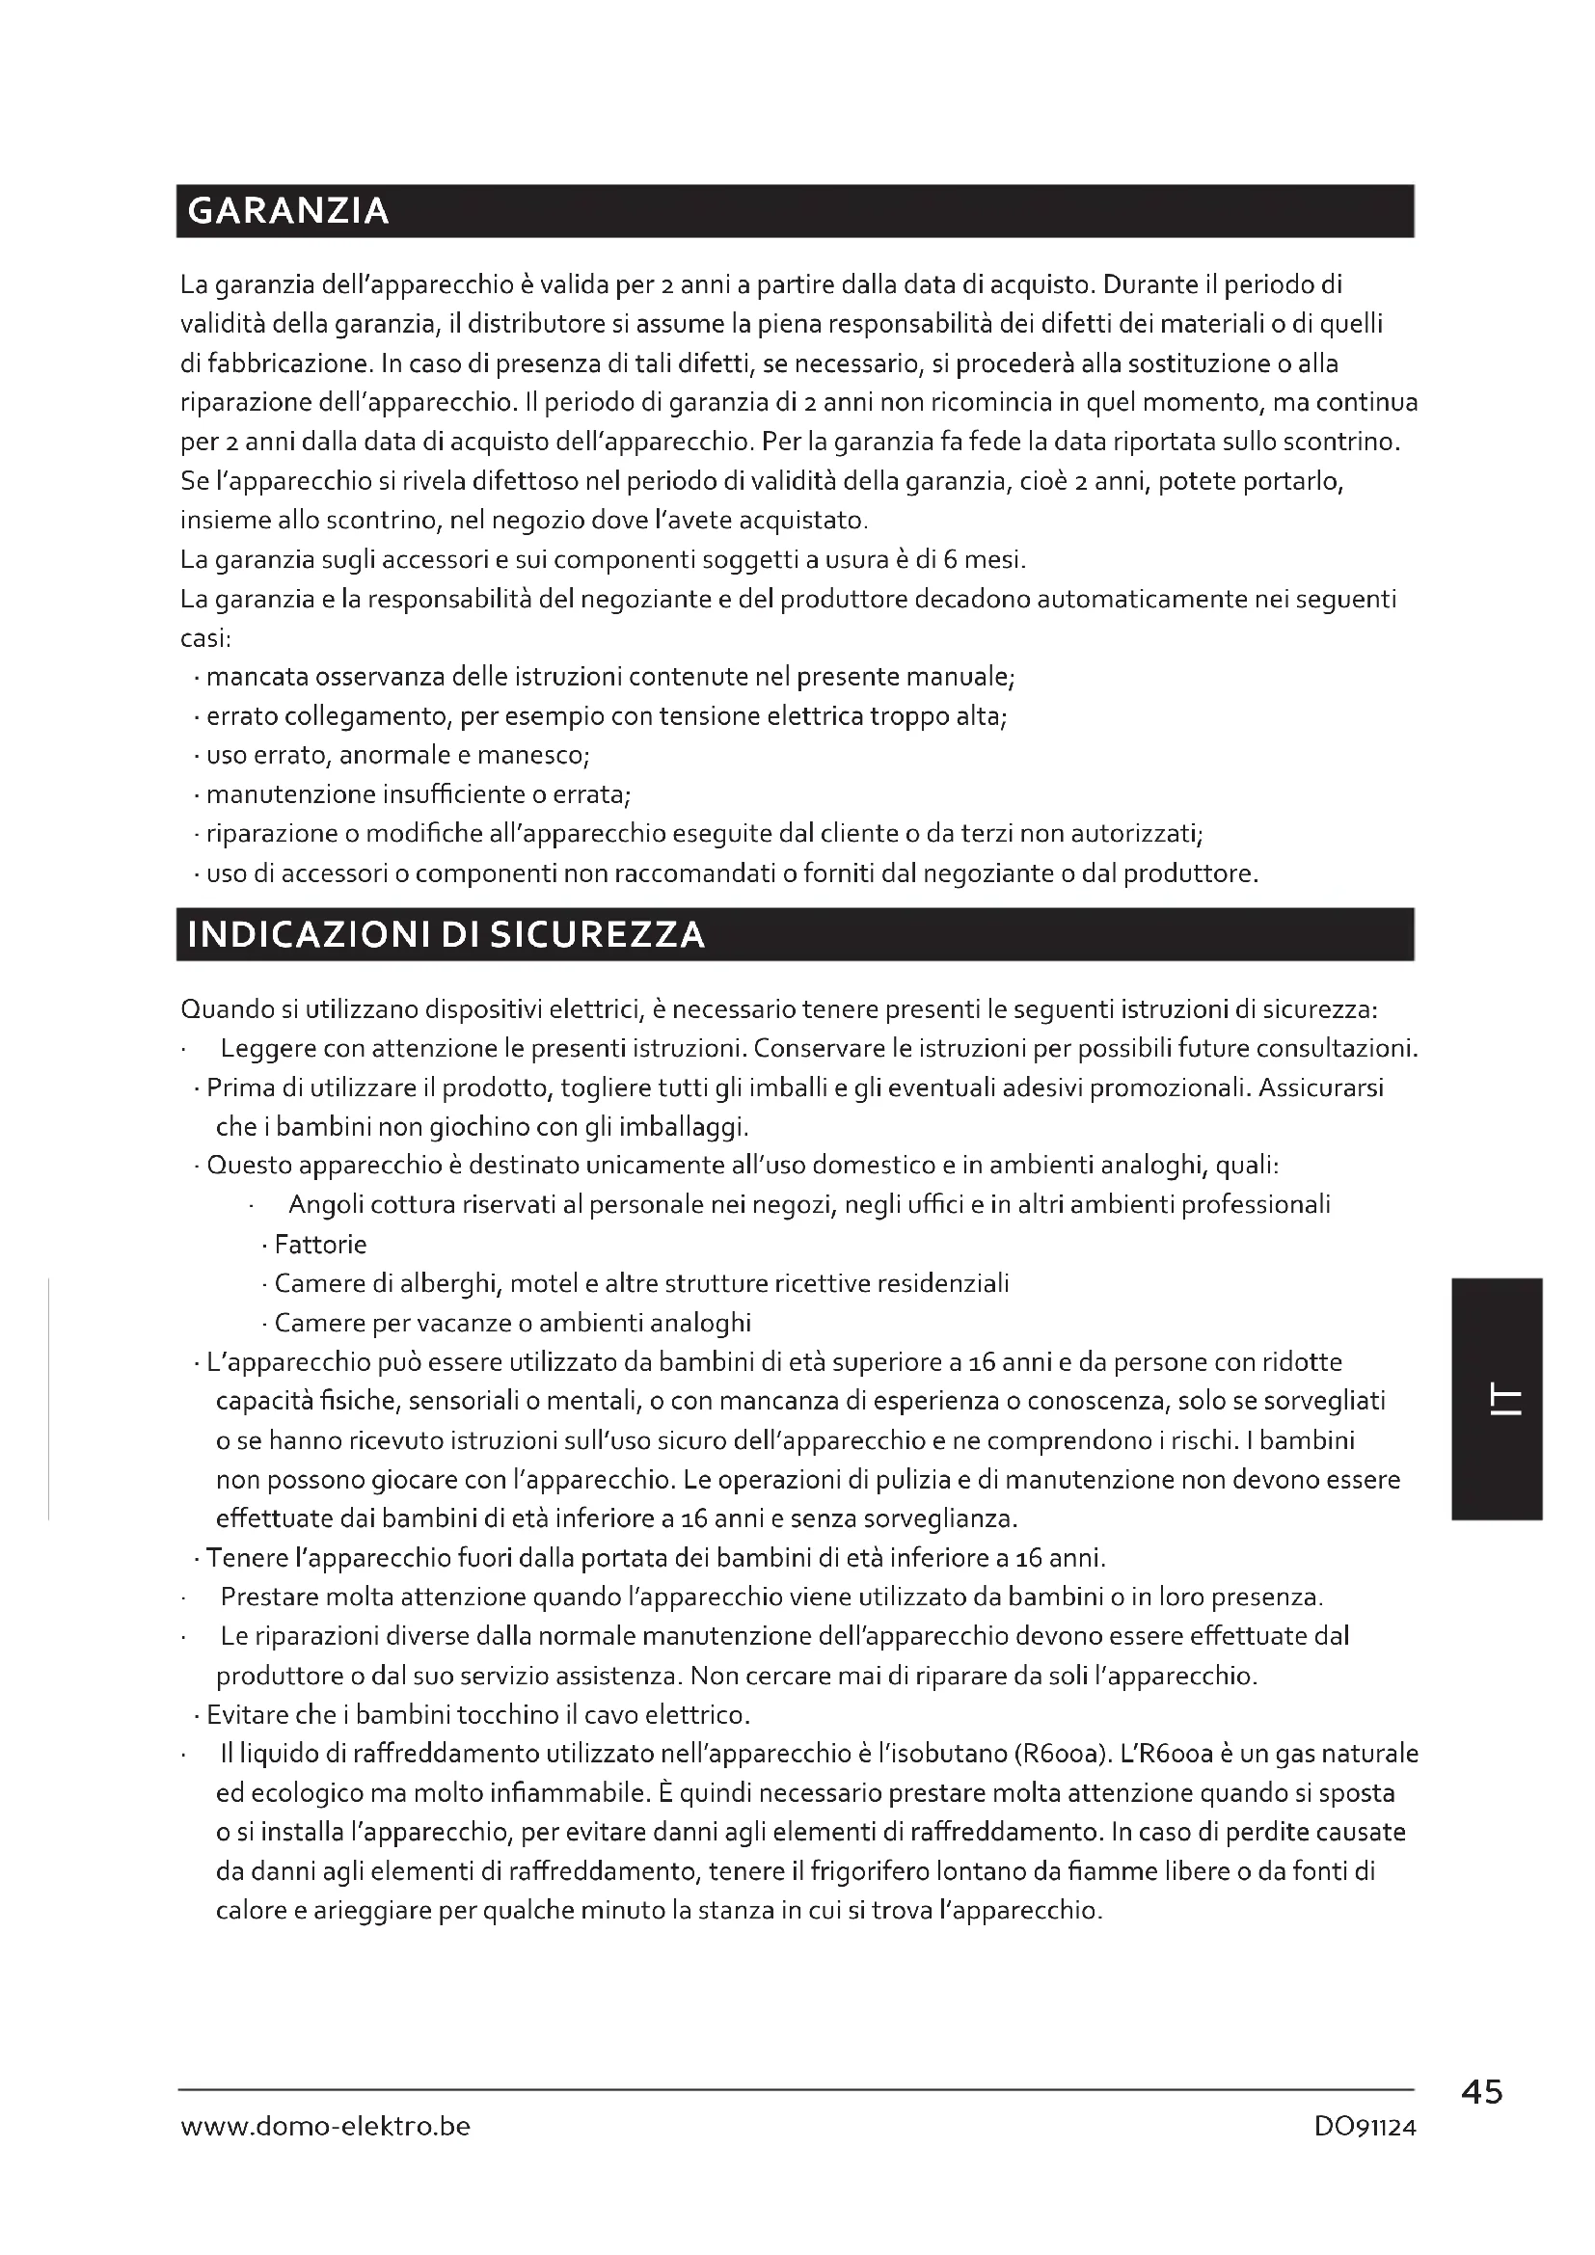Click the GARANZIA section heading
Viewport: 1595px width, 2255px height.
pyautogui.click(x=287, y=211)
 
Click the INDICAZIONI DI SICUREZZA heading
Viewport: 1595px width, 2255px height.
pyautogui.click(x=446, y=934)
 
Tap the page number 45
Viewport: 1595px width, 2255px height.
pyautogui.click(x=1481, y=2093)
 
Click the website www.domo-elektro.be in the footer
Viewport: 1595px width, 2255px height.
pyautogui.click(x=325, y=2127)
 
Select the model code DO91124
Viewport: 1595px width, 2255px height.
pyautogui.click(x=1365, y=2128)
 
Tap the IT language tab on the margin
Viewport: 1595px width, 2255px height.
pyautogui.click(x=1496, y=1400)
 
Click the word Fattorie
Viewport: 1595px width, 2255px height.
pyautogui.click(x=320, y=1245)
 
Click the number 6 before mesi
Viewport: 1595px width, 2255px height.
pyautogui.click(x=950, y=560)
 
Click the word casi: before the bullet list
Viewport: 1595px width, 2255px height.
pyautogui.click(x=205, y=638)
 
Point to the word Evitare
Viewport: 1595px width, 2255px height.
pyautogui.click(x=246, y=1715)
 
